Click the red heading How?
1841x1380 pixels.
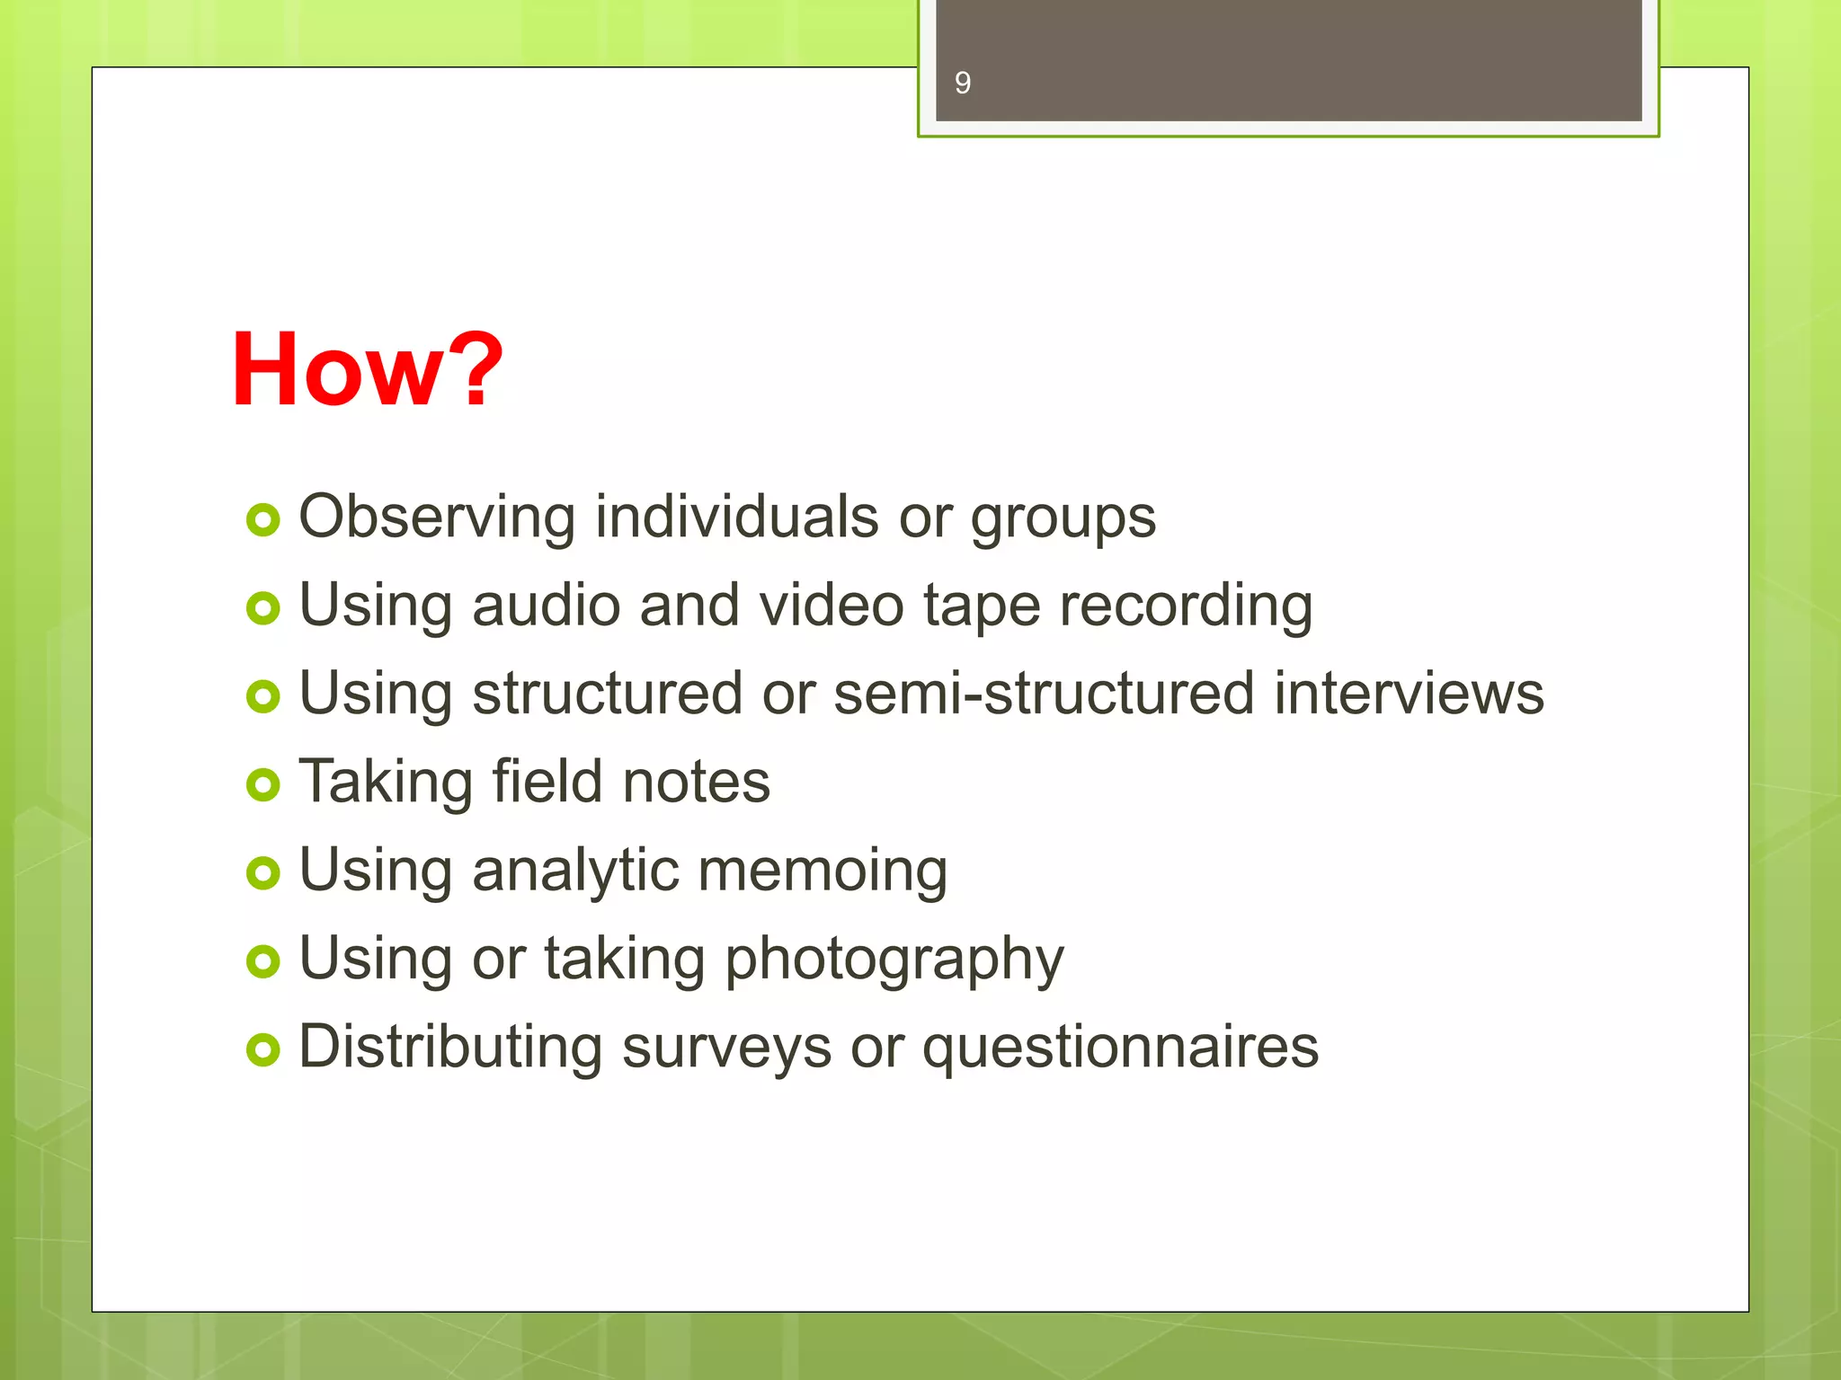pos(367,369)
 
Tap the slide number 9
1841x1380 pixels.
pos(962,84)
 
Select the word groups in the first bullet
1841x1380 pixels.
pos(1063,519)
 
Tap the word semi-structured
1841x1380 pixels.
pos(1043,694)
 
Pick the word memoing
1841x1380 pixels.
pos(822,871)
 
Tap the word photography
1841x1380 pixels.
pos(894,960)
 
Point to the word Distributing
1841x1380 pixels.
pos(449,1047)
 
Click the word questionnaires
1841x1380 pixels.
pos(1119,1048)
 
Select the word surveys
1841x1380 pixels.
pos(726,1048)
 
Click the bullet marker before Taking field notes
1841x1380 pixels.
pos(263,784)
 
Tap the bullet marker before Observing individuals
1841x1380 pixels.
pos(263,519)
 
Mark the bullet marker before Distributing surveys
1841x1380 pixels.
pos(263,1048)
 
